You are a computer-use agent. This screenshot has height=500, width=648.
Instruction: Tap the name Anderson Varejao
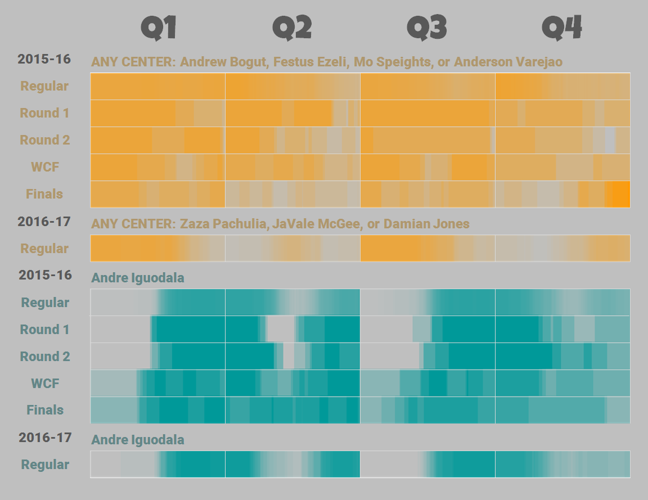click(508, 62)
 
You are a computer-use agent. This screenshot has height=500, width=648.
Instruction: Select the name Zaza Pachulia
click(224, 224)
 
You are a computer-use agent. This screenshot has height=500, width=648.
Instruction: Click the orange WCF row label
click(45, 167)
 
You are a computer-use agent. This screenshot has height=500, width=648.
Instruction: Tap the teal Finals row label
click(45, 410)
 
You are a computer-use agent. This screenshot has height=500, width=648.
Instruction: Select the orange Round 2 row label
click(45, 140)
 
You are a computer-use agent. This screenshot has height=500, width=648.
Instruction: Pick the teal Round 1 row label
click(45, 329)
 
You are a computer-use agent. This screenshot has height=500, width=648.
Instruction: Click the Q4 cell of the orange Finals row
click(562, 194)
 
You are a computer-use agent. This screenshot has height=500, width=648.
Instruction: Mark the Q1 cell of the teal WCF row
click(157, 383)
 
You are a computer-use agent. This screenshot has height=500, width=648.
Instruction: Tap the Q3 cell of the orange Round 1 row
click(427, 113)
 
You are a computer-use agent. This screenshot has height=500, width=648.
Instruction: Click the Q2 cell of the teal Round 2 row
click(292, 356)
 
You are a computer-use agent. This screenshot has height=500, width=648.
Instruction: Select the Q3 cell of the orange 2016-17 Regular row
click(427, 248)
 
